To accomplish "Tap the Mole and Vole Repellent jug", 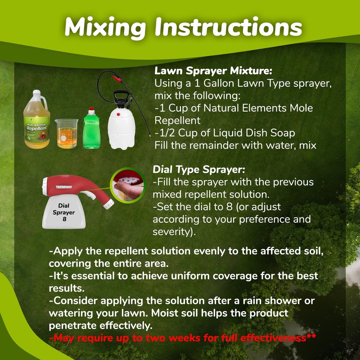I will pos(36,121).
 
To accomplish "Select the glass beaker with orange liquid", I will pos(66,134).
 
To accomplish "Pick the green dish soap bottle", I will pos(93,130).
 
